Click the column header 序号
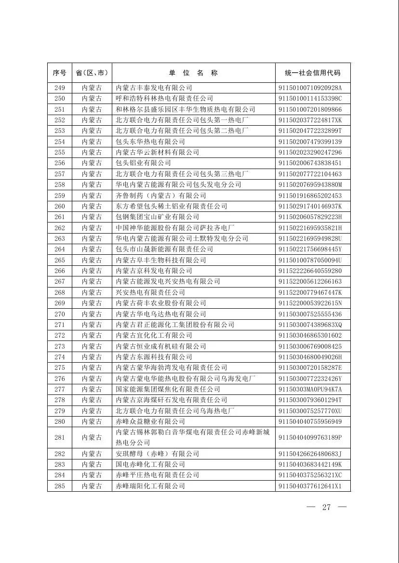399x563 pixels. pos(59,73)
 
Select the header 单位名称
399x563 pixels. pos(193,73)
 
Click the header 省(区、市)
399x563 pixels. pos(92,73)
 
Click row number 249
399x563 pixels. pos(59,88)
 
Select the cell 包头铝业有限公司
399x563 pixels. pos(143,163)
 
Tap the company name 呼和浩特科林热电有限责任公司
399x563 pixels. pos(164,98)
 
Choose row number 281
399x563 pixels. pos(59,437)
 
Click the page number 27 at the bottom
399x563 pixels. pos(326,507)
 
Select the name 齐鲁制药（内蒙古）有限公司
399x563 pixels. pos(161,196)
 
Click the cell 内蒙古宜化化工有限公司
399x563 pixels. pos(154,335)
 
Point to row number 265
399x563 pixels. pos(59,260)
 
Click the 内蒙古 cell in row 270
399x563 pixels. pos(92,314)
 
